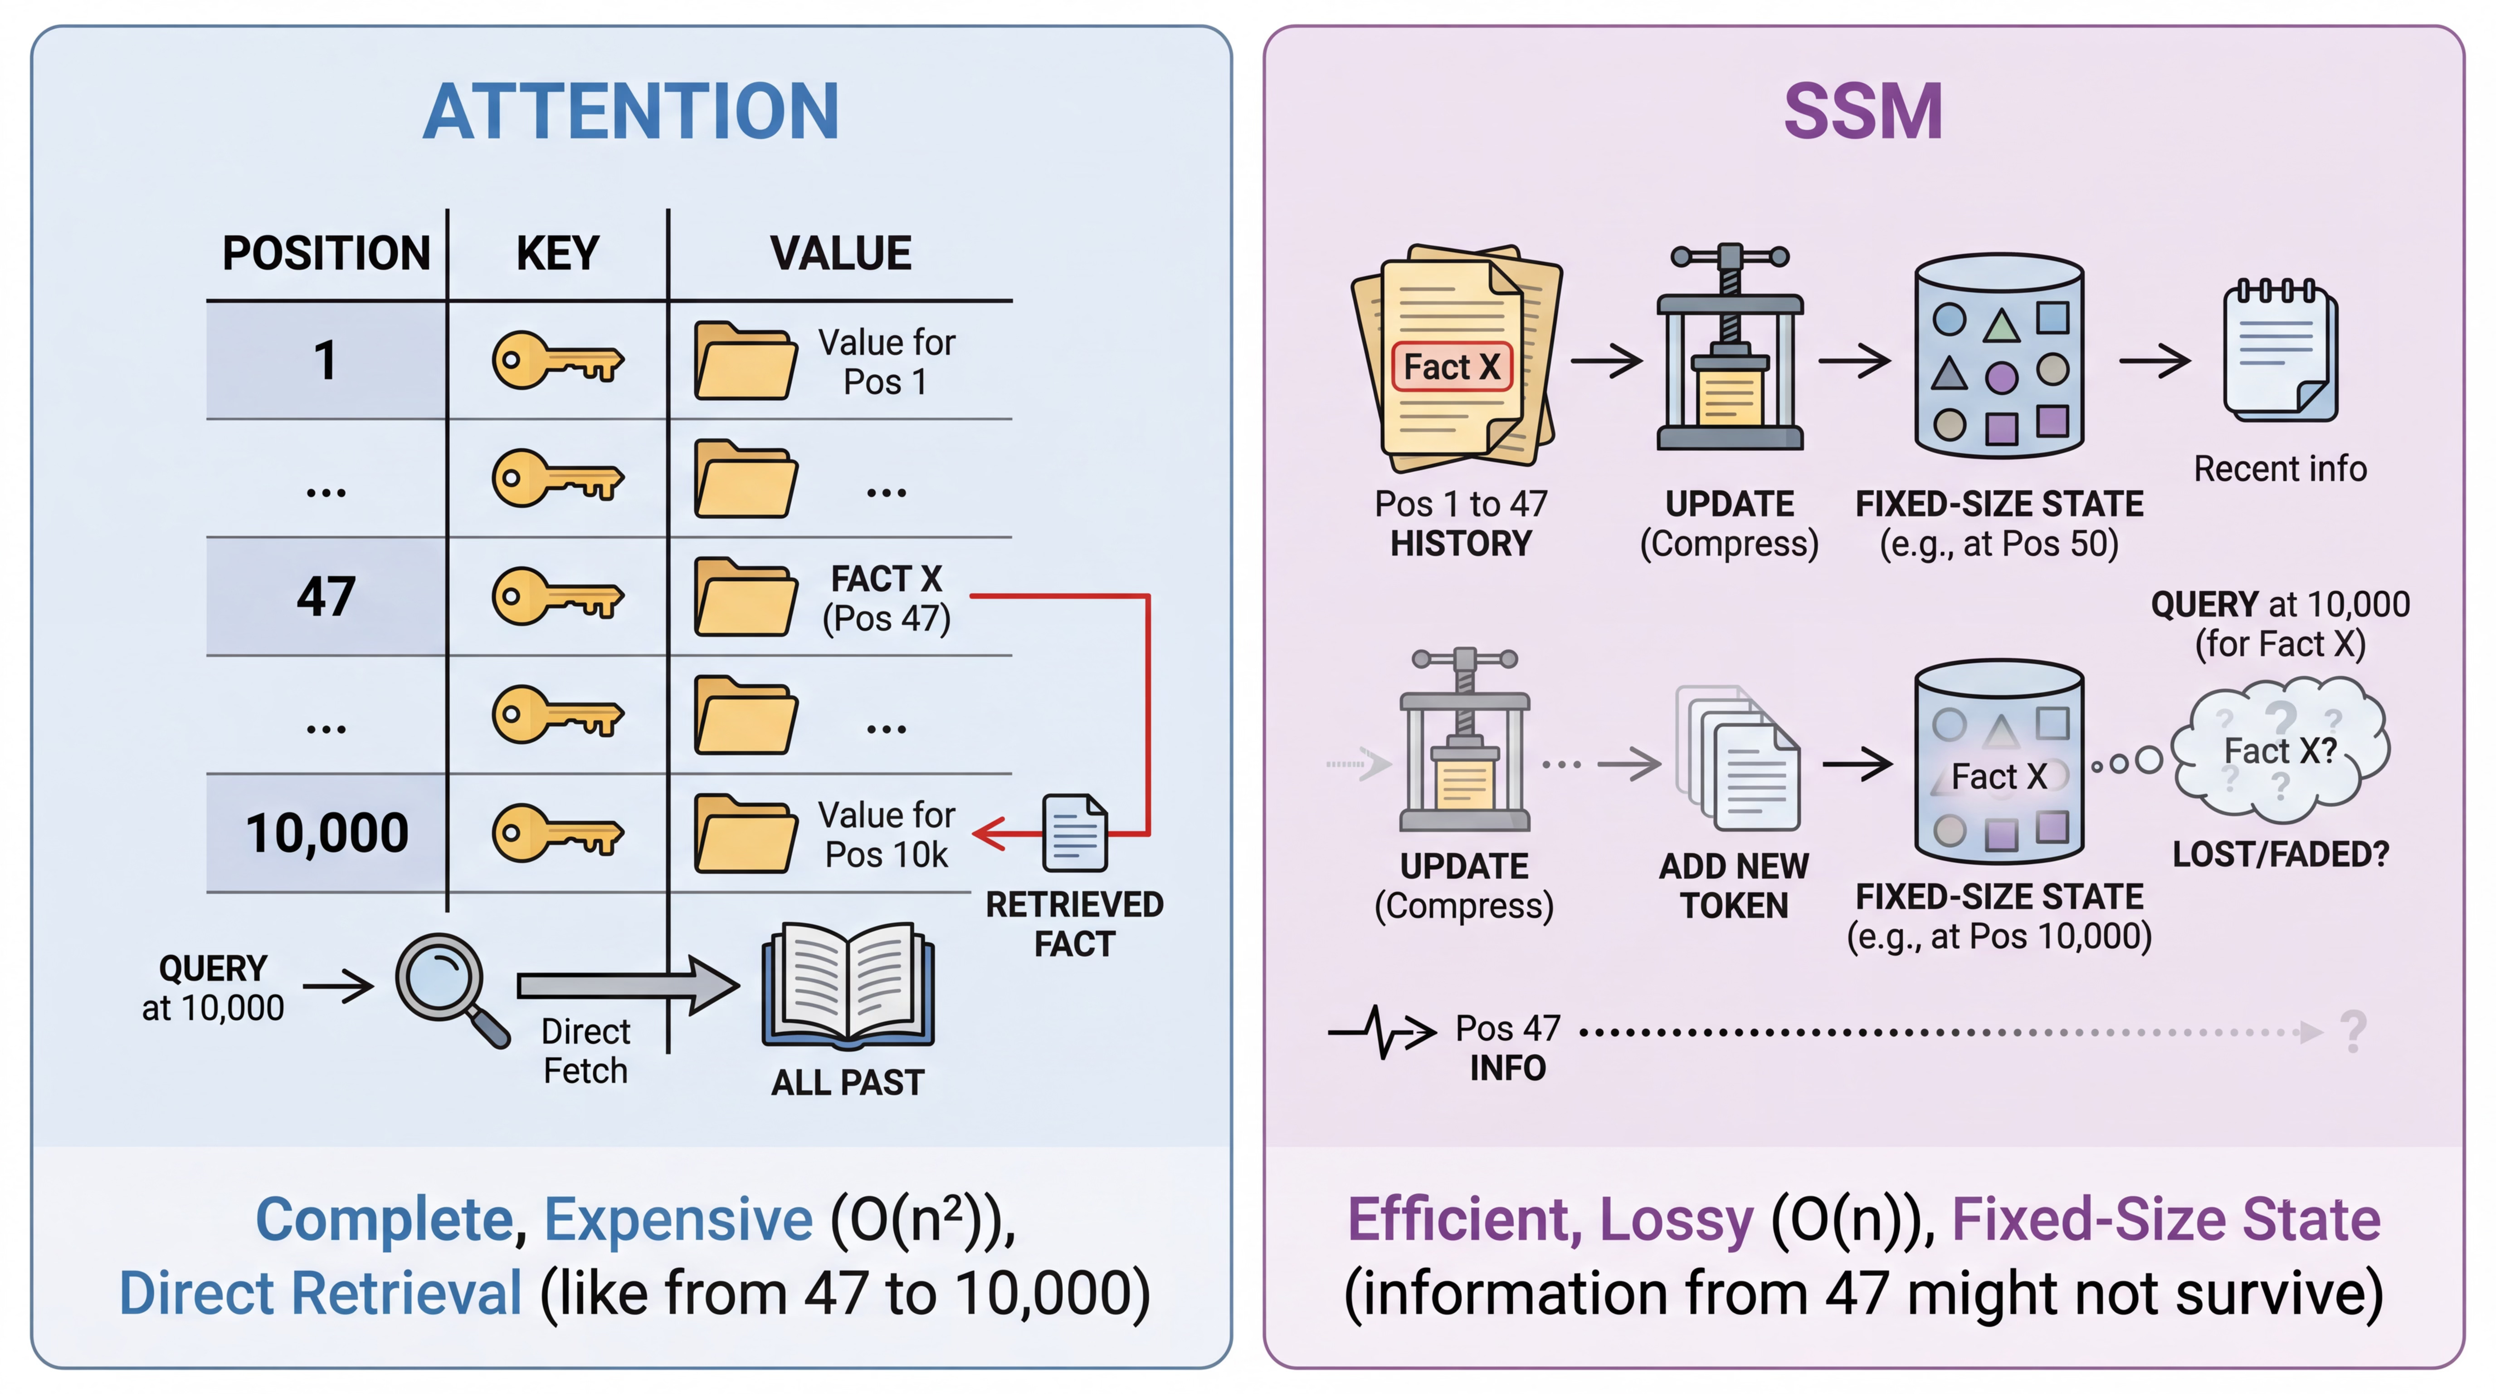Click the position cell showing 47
click(326, 596)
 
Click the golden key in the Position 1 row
click(557, 361)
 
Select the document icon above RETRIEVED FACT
click(1075, 833)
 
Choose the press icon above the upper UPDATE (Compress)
click(1730, 349)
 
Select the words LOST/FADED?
click(2280, 854)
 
